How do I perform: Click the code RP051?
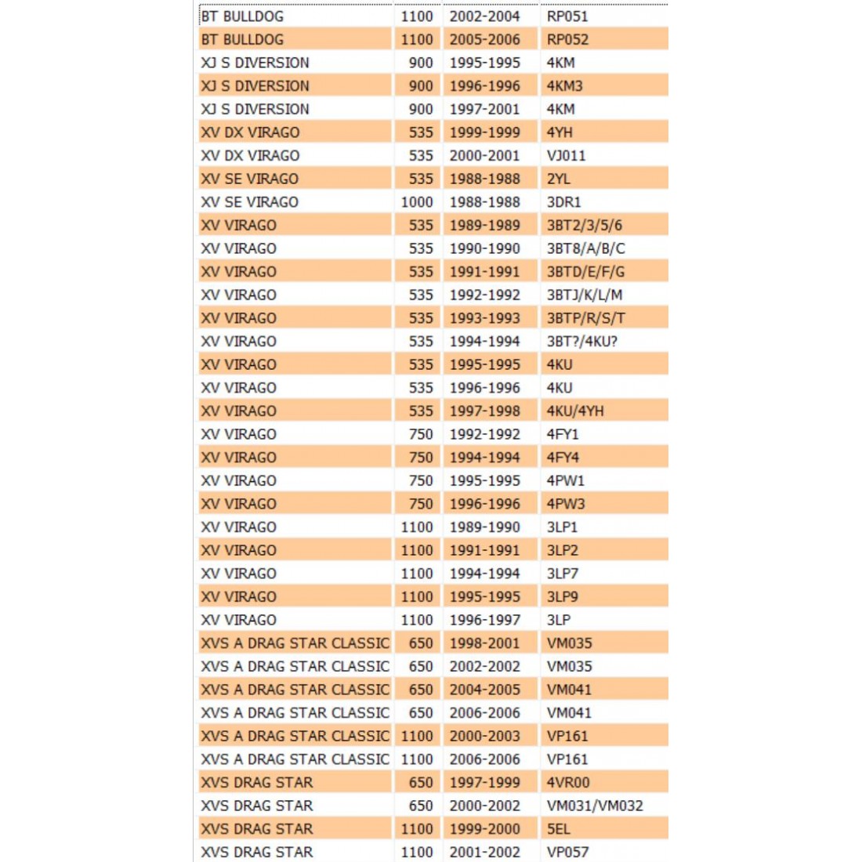[x=567, y=16]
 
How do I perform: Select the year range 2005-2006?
[x=484, y=40]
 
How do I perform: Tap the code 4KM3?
[x=564, y=86]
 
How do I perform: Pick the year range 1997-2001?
[x=484, y=110]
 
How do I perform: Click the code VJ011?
[x=566, y=156]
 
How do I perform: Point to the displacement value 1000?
[x=416, y=202]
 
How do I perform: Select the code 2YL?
[x=558, y=179]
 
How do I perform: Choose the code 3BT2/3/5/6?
[x=584, y=226]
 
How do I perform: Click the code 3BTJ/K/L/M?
[x=585, y=295]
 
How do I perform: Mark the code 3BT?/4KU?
[x=582, y=342]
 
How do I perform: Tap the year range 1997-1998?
[x=484, y=411]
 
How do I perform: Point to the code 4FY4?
[x=563, y=458]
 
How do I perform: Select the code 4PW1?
[x=565, y=481]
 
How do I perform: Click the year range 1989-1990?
[x=484, y=527]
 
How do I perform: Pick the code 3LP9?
[x=562, y=597]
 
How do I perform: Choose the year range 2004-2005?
[x=484, y=690]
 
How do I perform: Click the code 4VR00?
[x=568, y=783]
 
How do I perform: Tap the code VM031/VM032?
[x=594, y=806]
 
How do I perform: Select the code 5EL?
[x=558, y=829]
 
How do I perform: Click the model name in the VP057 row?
[x=256, y=852]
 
